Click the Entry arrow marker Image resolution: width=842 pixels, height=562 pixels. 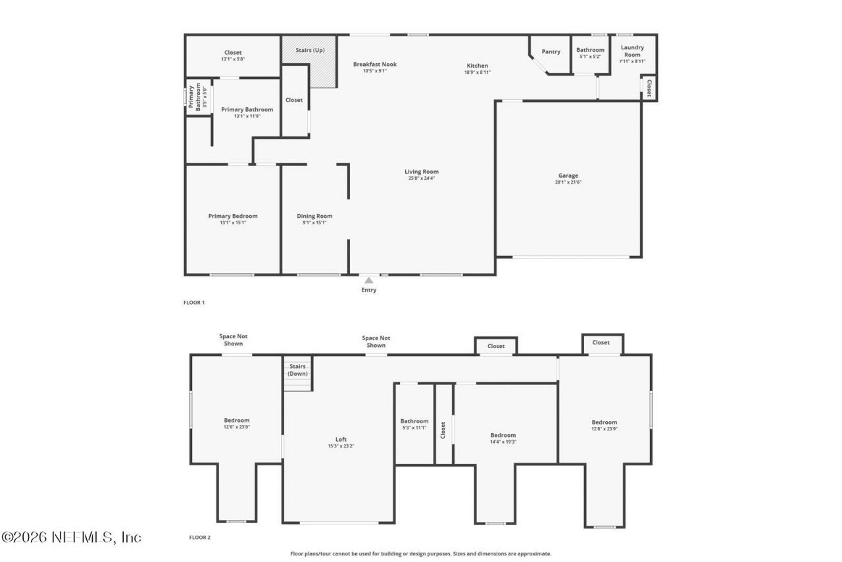[369, 280]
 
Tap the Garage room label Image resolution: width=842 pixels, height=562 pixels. [568, 176]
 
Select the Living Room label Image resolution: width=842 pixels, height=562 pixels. [422, 172]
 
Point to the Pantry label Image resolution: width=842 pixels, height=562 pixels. [551, 51]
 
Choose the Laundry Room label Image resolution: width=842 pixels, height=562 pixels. [632, 51]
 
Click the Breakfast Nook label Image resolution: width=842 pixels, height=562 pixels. [375, 64]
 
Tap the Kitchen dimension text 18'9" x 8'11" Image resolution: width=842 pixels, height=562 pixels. [478, 72]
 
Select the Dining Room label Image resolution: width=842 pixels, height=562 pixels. [314, 216]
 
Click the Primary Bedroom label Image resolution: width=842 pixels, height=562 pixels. [233, 216]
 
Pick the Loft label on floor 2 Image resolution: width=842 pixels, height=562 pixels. [341, 440]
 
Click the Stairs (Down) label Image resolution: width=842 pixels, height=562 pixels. [297, 370]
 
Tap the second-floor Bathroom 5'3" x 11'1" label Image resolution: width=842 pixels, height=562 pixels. [414, 421]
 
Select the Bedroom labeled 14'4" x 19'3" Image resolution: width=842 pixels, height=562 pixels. [503, 435]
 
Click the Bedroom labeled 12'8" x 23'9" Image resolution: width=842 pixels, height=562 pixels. [604, 422]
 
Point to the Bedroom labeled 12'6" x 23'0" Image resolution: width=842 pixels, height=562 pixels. [237, 421]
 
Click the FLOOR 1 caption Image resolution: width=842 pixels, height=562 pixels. [194, 303]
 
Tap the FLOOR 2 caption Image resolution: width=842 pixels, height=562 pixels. [200, 538]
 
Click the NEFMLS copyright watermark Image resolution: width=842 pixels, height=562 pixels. [71, 538]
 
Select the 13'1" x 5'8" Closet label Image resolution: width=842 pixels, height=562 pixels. [233, 53]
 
